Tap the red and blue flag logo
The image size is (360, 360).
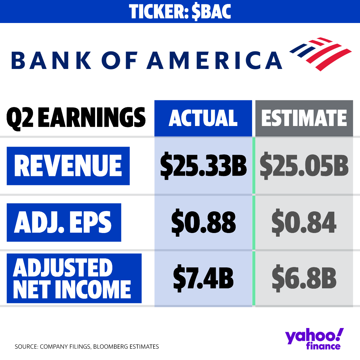click(x=320, y=53)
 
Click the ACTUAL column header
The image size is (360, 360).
click(x=203, y=118)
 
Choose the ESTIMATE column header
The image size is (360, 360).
click(x=304, y=118)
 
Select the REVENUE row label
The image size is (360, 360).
click(x=68, y=166)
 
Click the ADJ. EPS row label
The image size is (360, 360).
click(x=64, y=222)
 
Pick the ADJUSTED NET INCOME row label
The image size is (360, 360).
click(x=74, y=278)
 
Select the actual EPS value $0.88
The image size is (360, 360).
click(x=203, y=222)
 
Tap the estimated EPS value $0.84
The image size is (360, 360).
click(x=304, y=222)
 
